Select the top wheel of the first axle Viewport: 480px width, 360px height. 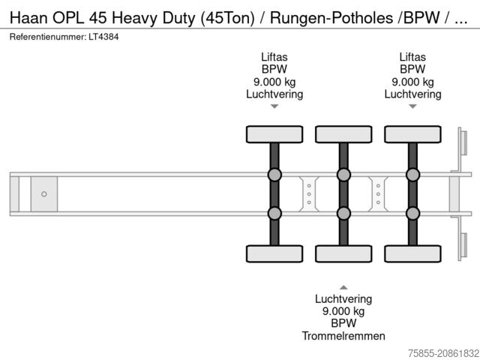[x=274, y=134]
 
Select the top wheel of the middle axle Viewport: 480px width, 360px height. [x=343, y=134]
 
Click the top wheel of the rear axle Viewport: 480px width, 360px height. [x=412, y=134]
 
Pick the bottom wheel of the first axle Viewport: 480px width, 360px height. [x=274, y=253]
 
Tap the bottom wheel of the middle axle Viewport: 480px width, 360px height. [x=343, y=253]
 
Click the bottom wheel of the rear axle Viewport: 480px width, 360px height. [x=412, y=253]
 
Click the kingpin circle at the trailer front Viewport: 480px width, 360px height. [x=43, y=194]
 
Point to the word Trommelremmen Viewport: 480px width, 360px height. [x=343, y=335]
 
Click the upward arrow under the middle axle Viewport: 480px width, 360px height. [x=343, y=286]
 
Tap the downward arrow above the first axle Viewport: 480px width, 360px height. [x=274, y=106]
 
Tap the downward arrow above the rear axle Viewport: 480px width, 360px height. [x=412, y=106]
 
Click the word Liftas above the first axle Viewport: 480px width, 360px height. [x=274, y=57]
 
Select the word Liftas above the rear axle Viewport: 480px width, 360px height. [x=412, y=57]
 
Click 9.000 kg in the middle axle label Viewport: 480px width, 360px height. [x=343, y=311]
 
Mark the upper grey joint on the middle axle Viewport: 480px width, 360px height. [x=343, y=175]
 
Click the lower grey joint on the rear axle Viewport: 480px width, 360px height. [x=412, y=213]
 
